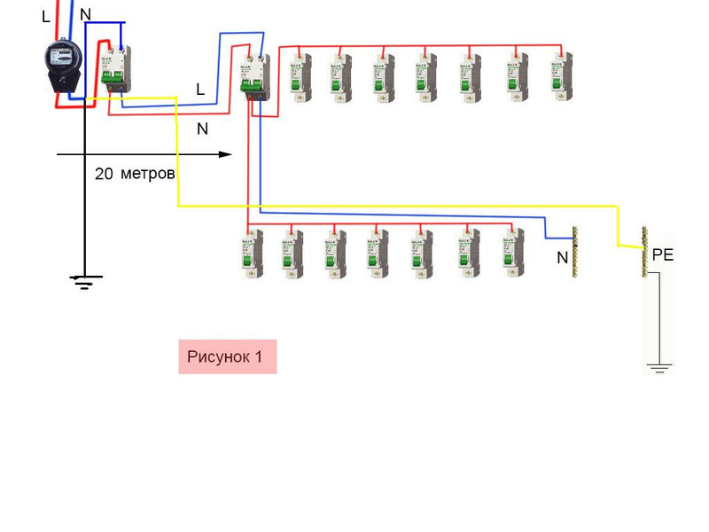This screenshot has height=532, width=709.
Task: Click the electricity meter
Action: click(x=63, y=66)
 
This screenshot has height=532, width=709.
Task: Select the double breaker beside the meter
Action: click(x=113, y=67)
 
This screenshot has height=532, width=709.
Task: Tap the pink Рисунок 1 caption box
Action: click(x=227, y=356)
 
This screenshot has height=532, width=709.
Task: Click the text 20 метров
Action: click(x=135, y=174)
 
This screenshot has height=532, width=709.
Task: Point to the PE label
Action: click(x=663, y=255)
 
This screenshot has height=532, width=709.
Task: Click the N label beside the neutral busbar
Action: click(x=562, y=259)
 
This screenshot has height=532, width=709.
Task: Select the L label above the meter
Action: click(x=46, y=17)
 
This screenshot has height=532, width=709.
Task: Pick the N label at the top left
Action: click(x=85, y=14)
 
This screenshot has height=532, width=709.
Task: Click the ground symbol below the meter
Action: click(x=85, y=282)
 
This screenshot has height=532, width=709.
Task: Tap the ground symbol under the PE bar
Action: click(x=658, y=367)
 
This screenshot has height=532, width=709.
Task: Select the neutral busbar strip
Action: click(x=574, y=252)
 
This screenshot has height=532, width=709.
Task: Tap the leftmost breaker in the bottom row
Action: click(x=249, y=253)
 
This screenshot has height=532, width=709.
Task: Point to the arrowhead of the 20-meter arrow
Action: click(x=227, y=154)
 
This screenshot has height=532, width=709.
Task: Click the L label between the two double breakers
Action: click(x=200, y=90)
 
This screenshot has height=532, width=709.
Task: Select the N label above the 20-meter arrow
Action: click(x=202, y=129)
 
